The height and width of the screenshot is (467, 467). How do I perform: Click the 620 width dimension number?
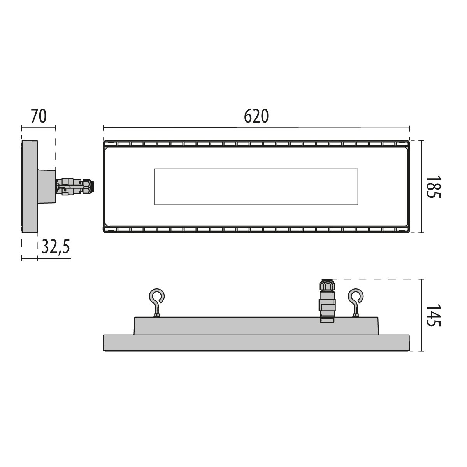click(256, 116)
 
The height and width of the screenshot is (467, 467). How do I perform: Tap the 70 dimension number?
click(39, 116)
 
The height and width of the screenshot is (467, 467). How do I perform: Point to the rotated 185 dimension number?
click(433, 187)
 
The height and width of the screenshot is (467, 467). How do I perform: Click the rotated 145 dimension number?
click(433, 315)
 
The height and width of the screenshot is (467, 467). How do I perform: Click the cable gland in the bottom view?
click(327, 300)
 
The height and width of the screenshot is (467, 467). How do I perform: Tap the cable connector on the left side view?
click(75, 187)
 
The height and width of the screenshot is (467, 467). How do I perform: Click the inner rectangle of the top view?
click(256, 187)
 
